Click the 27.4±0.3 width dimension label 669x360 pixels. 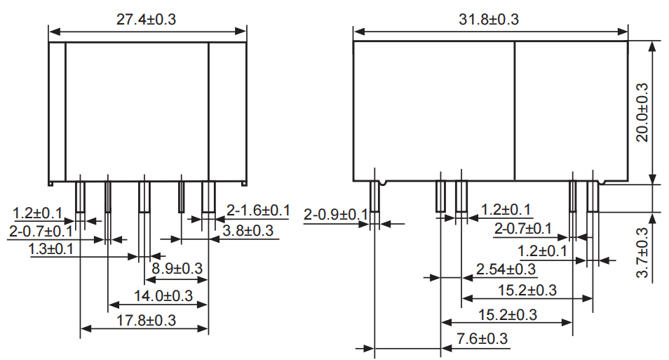click(147, 20)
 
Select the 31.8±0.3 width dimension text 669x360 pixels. click(489, 20)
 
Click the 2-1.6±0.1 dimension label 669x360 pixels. click(259, 210)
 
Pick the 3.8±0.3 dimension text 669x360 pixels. click(248, 230)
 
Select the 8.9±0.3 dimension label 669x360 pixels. click(177, 269)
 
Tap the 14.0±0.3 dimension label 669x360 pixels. click(163, 295)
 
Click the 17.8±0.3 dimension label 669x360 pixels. click(147, 320)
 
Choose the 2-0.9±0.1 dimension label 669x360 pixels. click(336, 214)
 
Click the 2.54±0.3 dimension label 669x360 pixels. click(506, 269)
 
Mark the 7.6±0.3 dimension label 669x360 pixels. click(482, 339)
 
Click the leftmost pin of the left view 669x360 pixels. click(80, 196)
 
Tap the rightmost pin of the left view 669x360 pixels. click(208, 196)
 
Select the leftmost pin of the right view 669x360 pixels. click(374, 196)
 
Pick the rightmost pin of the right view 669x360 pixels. click(593, 196)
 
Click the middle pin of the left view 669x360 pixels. click(144, 196)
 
